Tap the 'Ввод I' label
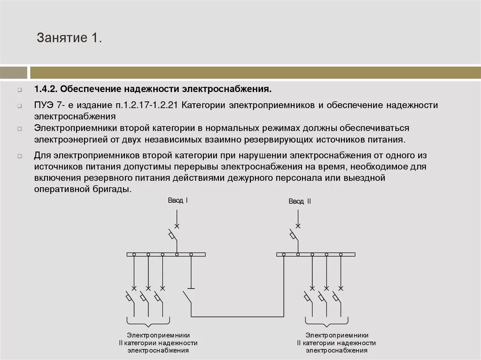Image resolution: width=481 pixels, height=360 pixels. [x=178, y=200]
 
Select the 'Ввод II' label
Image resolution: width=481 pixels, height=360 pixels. [x=300, y=201]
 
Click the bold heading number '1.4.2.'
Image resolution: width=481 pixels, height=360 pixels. [x=46, y=89]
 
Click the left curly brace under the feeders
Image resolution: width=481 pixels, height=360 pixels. [x=148, y=322]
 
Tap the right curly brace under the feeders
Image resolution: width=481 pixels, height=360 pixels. [x=326, y=322]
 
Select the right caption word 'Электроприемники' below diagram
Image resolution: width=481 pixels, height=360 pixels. [x=337, y=336]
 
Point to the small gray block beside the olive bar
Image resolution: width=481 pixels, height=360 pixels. [x=13, y=73]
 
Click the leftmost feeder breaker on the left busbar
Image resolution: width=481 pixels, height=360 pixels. [x=129, y=297]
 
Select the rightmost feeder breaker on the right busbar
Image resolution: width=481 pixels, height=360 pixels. [x=336, y=297]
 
